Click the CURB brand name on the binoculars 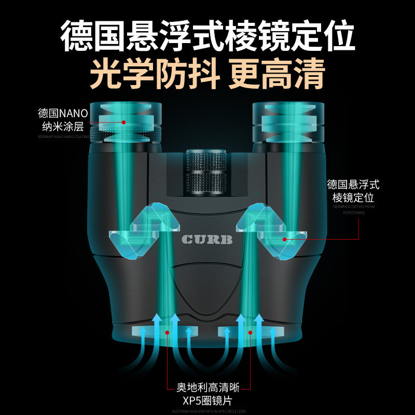[208, 240]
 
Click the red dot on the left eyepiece [124, 122]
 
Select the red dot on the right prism [284, 239]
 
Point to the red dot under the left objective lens [167, 332]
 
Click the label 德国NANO [63, 113]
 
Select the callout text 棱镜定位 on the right [353, 198]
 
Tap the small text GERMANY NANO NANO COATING [63, 137]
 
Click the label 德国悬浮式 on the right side [353, 184]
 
